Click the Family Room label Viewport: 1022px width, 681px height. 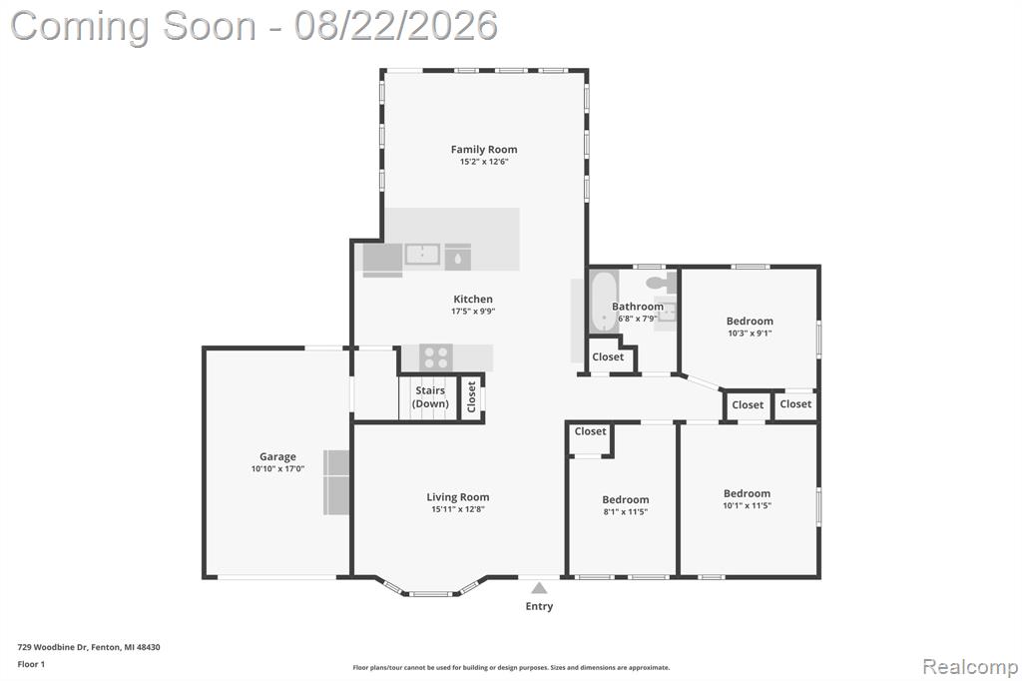click(484, 150)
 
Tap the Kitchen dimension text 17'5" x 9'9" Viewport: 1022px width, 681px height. click(473, 312)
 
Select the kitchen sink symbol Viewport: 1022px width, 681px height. click(422, 254)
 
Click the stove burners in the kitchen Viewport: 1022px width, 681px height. click(436, 357)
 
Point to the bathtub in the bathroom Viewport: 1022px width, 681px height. click(604, 301)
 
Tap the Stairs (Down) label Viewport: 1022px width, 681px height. click(430, 396)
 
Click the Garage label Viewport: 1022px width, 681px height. click(277, 456)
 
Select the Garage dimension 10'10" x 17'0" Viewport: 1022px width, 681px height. click(277, 468)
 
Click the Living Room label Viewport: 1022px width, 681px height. click(457, 497)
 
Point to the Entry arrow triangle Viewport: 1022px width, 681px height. click(539, 588)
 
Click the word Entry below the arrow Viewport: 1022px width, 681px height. click(539, 606)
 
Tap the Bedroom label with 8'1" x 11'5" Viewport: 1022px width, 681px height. click(626, 499)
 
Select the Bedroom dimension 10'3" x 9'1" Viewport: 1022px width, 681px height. click(750, 333)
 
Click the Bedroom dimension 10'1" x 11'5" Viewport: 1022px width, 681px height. click(747, 505)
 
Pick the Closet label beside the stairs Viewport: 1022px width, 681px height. click(472, 396)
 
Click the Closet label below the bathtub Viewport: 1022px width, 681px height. click(608, 356)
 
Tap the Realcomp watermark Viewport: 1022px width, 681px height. click(970, 667)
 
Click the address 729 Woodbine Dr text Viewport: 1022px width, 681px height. click(52, 647)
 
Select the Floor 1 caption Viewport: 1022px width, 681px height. click(31, 664)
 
